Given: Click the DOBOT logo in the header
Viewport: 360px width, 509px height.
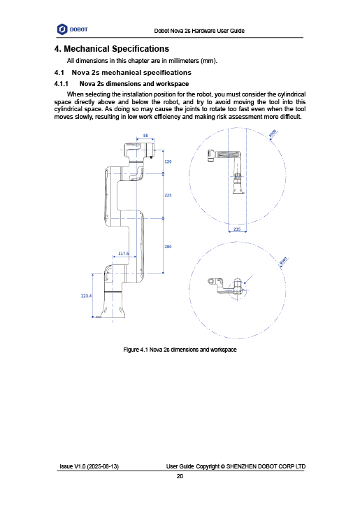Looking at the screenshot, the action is pyautogui.click(x=72, y=29).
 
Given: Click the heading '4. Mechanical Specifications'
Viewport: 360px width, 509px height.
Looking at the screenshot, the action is pyautogui.click(x=112, y=49).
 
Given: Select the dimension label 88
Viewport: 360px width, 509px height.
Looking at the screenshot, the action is pyautogui.click(x=145, y=136).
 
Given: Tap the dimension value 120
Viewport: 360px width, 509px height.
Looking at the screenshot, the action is pyautogui.click(x=168, y=162).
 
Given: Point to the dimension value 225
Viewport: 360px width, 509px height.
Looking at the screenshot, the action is pyautogui.click(x=168, y=195).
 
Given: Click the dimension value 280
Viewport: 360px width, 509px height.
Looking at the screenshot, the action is pyautogui.click(x=168, y=247).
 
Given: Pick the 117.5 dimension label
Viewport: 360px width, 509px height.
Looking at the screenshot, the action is pyautogui.click(x=123, y=253).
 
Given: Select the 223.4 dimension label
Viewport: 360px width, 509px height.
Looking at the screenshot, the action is pyautogui.click(x=87, y=296).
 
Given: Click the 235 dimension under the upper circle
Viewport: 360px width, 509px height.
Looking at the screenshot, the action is pyautogui.click(x=237, y=229).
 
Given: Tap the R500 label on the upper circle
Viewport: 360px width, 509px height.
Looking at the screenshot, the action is pyautogui.click(x=273, y=133).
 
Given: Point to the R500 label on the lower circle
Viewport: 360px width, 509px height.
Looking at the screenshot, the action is pyautogui.click(x=283, y=261).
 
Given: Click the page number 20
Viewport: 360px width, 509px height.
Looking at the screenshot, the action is pyautogui.click(x=180, y=476).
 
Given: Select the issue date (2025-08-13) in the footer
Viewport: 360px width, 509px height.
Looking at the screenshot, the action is pyautogui.click(x=103, y=466).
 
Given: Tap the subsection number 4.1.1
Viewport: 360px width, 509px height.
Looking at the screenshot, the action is pyautogui.click(x=62, y=84).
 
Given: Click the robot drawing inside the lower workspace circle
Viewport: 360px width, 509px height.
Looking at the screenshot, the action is pyautogui.click(x=227, y=287).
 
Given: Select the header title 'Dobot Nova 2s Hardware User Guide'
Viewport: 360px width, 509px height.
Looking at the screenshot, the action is pyautogui.click(x=199, y=31).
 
